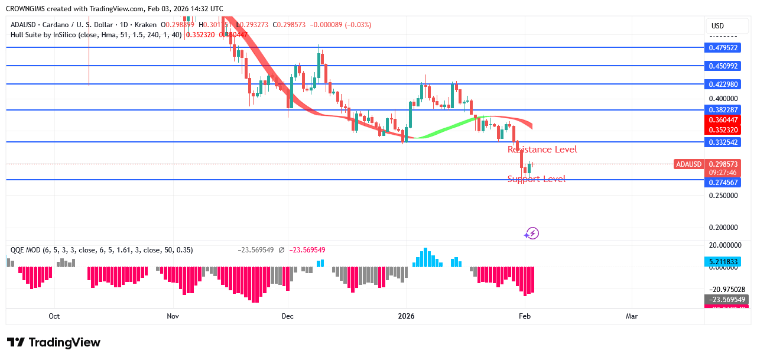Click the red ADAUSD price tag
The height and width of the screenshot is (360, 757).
click(x=688, y=164)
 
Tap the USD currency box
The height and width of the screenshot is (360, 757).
click(x=718, y=26)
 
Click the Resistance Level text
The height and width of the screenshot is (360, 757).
click(x=542, y=150)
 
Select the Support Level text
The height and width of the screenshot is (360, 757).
click(x=536, y=179)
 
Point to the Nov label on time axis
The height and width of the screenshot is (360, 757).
click(x=173, y=316)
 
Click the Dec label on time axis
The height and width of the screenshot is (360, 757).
click(x=287, y=316)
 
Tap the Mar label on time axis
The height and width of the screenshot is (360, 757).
click(x=632, y=316)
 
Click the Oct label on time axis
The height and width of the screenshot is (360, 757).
click(x=54, y=316)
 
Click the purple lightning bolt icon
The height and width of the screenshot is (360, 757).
click(x=532, y=233)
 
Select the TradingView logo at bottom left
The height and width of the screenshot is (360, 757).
click(x=54, y=342)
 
